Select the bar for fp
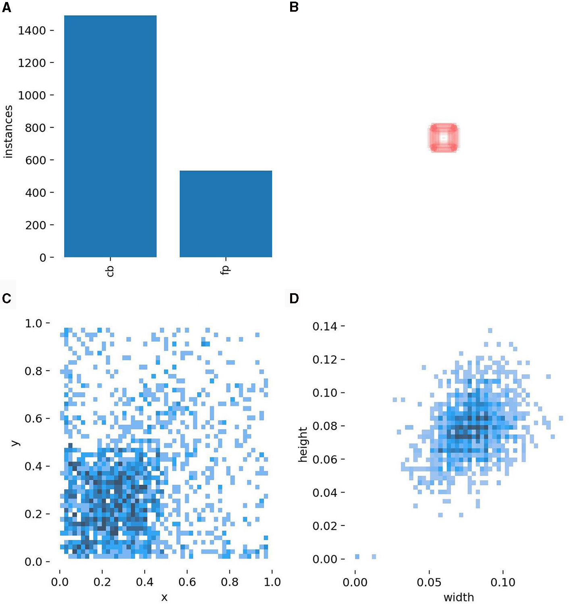226,214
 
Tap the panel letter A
7,8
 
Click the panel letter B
294,8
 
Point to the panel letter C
7,298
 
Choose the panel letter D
294,298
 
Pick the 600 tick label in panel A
35,161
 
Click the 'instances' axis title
8,131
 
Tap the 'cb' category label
110,271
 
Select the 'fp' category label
225,270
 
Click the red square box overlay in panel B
444,138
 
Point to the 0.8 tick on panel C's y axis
34,371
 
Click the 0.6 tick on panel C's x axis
187,582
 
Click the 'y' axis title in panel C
15,443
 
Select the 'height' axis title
303,444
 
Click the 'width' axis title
459,597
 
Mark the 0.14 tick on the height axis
325,326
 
